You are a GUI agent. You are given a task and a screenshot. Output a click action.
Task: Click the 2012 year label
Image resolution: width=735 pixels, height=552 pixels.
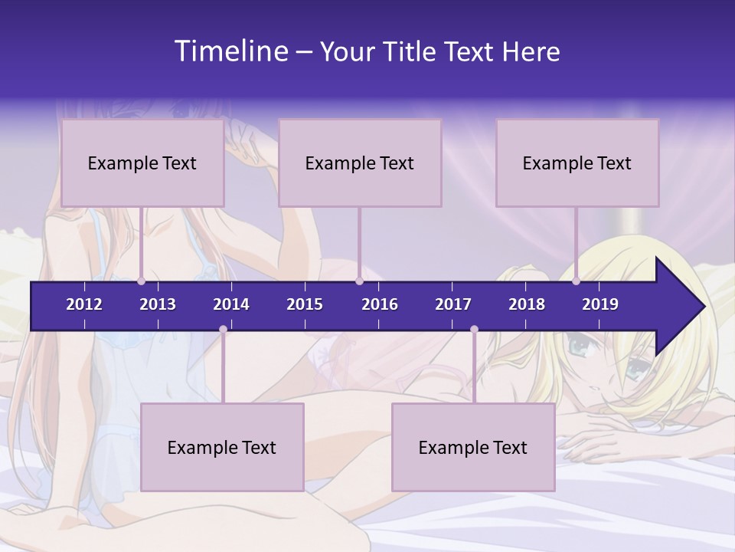click(84, 304)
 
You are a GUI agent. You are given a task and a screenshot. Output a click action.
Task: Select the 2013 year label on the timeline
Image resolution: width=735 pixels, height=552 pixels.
click(158, 304)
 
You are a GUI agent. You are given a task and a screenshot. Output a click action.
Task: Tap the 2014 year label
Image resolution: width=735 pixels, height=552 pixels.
click(231, 304)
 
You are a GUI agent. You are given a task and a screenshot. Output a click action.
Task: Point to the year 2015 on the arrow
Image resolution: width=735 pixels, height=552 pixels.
click(305, 304)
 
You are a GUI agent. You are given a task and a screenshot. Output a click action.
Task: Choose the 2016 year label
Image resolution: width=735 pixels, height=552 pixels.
click(380, 304)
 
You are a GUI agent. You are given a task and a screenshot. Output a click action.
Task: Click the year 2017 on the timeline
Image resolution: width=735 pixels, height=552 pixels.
click(453, 304)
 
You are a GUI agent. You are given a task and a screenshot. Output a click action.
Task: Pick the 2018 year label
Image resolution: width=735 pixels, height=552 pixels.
click(527, 304)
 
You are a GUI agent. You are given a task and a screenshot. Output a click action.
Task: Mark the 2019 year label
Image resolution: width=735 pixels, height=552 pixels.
click(600, 304)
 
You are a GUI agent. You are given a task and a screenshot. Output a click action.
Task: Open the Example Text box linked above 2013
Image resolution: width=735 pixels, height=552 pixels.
click(142, 163)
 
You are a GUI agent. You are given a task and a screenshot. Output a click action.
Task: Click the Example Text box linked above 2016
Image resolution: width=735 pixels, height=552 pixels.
click(360, 163)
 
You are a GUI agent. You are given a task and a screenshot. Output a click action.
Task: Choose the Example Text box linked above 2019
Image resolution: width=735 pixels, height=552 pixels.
click(577, 163)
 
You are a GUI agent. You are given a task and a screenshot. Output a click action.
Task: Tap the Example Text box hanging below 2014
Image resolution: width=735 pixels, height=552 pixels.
click(222, 447)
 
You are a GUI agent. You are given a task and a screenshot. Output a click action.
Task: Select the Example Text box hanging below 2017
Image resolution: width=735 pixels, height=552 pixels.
click(473, 447)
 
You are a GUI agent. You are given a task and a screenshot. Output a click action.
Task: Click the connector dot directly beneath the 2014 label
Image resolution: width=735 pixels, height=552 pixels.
click(223, 330)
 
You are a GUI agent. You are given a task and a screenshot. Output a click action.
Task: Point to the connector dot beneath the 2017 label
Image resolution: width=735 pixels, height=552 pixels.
click(474, 330)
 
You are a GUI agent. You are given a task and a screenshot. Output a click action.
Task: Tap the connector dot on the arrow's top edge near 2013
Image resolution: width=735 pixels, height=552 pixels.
click(142, 281)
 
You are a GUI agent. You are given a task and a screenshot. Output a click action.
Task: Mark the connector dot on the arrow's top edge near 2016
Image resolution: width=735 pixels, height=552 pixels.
click(359, 281)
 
